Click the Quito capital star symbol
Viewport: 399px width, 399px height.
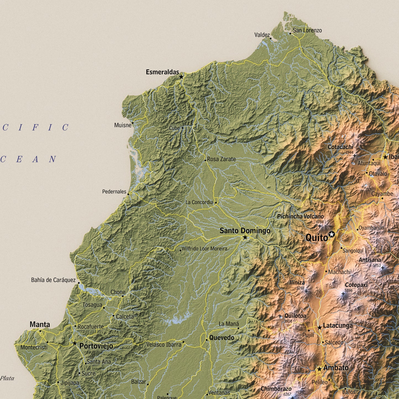point(332,235)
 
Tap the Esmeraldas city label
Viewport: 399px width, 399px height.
point(162,72)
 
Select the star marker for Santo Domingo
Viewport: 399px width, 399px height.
point(245,237)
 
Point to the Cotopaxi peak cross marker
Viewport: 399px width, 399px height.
point(343,294)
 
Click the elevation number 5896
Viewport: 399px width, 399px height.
point(348,290)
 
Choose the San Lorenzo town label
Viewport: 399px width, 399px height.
point(307,30)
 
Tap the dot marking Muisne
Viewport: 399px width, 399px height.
point(133,123)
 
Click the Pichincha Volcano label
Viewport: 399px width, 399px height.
point(300,216)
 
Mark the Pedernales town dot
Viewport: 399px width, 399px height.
point(128,194)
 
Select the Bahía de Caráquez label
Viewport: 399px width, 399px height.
point(53,280)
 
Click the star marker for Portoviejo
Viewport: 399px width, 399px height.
point(75,343)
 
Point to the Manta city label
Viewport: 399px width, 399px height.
point(40,324)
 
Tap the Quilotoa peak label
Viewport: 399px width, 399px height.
point(295,316)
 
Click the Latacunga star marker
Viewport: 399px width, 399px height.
point(319,328)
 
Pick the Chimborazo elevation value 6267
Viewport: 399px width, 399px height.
point(287,394)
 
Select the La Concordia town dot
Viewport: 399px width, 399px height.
point(216,202)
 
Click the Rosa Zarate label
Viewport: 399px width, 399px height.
point(221,159)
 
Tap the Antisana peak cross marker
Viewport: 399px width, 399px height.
point(382,268)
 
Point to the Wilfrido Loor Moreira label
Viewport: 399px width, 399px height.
point(204,249)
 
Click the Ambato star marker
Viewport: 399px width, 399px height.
point(319,369)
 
